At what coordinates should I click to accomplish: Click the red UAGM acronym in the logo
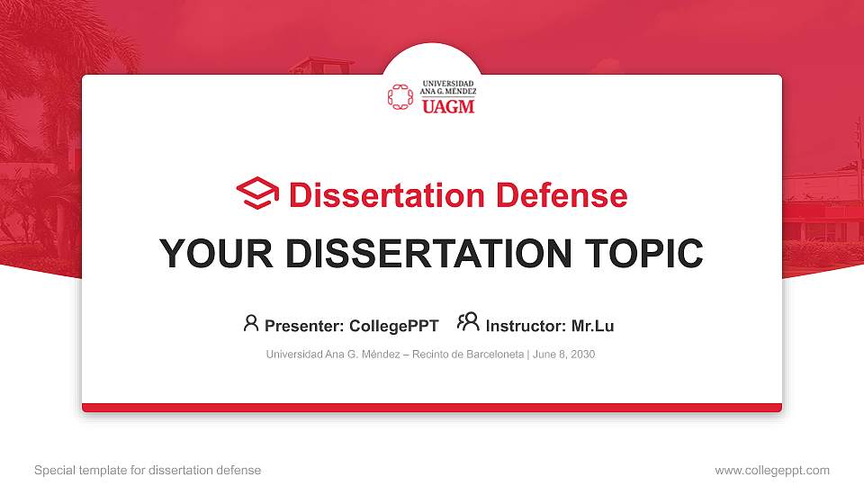click(x=448, y=106)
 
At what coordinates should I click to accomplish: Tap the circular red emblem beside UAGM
click(x=400, y=97)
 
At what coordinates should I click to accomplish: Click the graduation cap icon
click(x=257, y=193)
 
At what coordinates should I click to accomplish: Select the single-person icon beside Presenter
click(x=251, y=323)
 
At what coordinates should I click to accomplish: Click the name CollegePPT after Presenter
click(x=393, y=326)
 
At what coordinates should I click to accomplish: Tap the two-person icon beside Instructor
click(x=468, y=322)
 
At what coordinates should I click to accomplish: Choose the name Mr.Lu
click(x=592, y=326)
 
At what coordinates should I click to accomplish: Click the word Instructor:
click(x=526, y=326)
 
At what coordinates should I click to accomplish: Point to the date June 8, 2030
click(x=564, y=355)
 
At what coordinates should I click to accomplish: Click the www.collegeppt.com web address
click(x=771, y=471)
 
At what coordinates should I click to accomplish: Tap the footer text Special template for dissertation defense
click(x=148, y=471)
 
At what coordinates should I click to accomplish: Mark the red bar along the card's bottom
click(x=432, y=408)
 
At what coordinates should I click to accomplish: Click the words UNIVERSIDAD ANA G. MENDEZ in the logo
click(x=448, y=87)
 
